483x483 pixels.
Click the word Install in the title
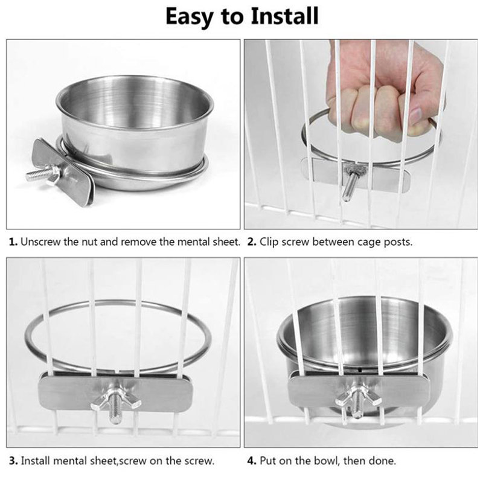coord(284,16)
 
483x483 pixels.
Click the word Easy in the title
coord(190,17)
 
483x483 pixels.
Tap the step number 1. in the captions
coord(13,242)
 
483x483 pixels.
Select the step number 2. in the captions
coord(252,242)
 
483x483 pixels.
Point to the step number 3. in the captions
coord(13,461)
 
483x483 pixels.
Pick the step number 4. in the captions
coord(252,461)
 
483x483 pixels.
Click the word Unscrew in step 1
coord(40,242)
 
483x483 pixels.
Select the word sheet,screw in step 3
coord(119,461)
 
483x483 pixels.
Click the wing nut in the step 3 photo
coord(116,400)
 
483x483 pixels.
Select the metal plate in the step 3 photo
coord(115,392)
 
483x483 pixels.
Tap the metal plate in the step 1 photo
coord(62,172)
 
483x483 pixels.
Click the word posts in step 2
coord(397,243)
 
